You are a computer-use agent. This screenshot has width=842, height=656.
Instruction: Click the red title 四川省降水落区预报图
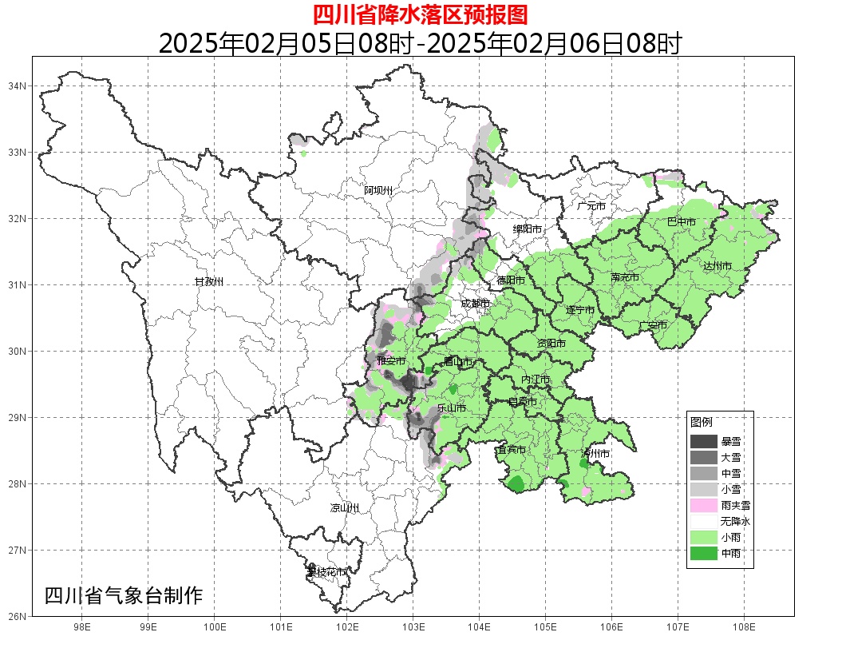point(420,14)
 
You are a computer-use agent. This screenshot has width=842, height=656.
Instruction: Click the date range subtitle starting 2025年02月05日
point(420,43)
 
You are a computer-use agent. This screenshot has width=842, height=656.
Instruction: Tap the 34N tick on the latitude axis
point(18,85)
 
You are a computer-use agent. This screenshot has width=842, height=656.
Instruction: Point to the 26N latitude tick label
point(18,616)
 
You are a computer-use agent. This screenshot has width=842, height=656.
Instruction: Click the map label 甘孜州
point(209,282)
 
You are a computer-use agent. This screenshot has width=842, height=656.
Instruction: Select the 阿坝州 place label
point(379,190)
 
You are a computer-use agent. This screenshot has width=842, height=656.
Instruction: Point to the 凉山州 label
point(345,508)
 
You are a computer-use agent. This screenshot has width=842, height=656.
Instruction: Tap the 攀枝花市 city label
point(326,572)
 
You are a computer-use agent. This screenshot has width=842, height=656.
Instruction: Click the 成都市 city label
point(476,304)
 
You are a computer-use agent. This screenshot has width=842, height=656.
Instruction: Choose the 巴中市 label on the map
point(681,222)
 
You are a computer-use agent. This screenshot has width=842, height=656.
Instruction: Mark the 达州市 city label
point(717,265)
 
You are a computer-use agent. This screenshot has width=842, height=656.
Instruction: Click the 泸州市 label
point(596,453)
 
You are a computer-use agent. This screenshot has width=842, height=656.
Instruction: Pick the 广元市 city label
point(591,206)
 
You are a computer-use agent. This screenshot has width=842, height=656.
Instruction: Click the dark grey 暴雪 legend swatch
point(704,441)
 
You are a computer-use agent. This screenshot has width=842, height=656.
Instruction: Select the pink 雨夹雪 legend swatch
point(704,505)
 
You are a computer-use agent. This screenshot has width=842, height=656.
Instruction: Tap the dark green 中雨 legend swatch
point(704,553)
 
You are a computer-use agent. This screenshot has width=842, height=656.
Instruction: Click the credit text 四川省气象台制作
point(124,596)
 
